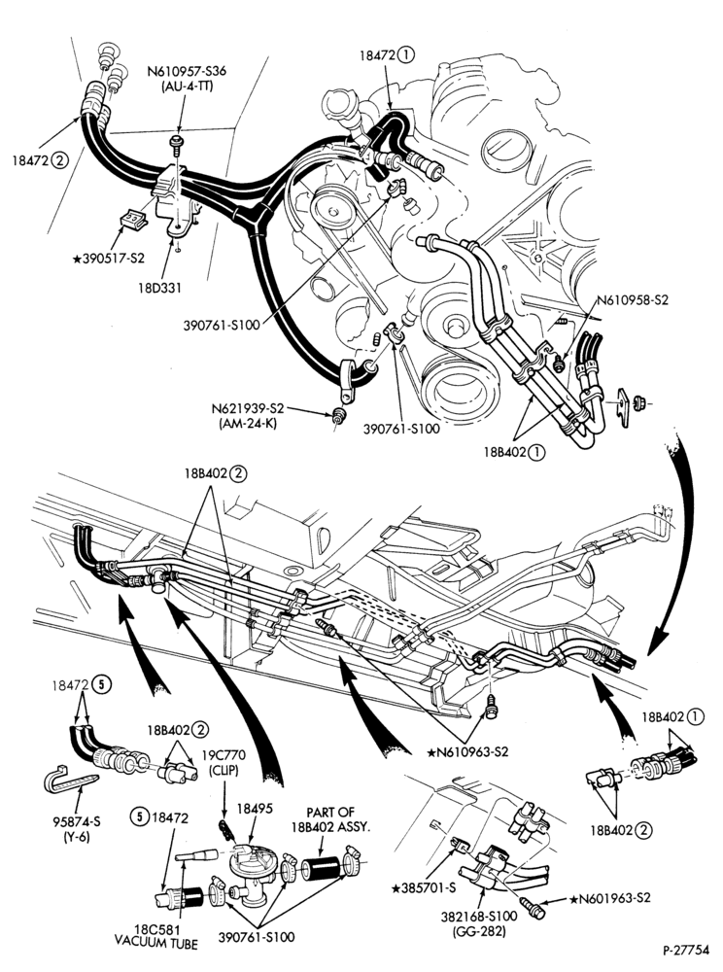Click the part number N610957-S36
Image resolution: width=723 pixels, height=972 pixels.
point(187,71)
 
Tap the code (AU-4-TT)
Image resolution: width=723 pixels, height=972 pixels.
point(188,86)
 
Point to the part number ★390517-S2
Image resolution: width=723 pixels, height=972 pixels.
point(109,258)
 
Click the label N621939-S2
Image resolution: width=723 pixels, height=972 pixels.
point(247,408)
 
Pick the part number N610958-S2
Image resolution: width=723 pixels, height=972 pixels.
point(633,300)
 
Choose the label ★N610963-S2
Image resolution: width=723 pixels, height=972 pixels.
point(467,751)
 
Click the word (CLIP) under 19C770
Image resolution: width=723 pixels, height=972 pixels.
point(224,769)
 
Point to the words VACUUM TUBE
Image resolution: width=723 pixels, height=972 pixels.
point(156,944)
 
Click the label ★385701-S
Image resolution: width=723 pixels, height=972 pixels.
point(424,887)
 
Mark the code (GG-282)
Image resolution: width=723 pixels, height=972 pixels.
point(487,930)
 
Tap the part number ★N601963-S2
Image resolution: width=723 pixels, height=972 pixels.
point(610,897)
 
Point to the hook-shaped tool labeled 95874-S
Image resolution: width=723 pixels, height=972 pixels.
point(69,779)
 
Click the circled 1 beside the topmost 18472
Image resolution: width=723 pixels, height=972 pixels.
point(406,54)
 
